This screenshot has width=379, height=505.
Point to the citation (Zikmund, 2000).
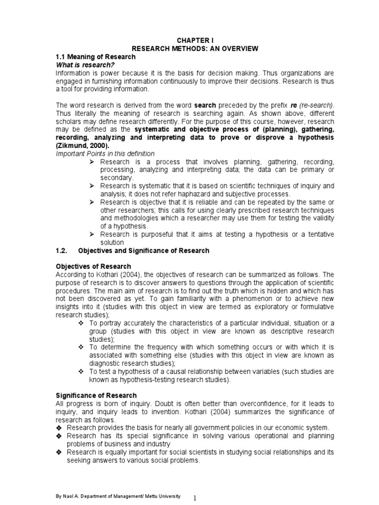[x=83, y=146]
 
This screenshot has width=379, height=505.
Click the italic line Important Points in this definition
[x=105, y=154]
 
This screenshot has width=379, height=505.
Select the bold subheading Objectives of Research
[x=93, y=266]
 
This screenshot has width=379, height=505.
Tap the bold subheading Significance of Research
[x=96, y=396]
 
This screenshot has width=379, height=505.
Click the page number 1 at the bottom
[x=195, y=499]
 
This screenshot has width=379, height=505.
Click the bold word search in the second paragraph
[x=205, y=106]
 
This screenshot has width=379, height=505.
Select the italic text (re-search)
[x=316, y=106]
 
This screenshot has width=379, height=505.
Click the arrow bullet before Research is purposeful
[x=92, y=234]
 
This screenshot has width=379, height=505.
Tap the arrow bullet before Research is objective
[x=92, y=202]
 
